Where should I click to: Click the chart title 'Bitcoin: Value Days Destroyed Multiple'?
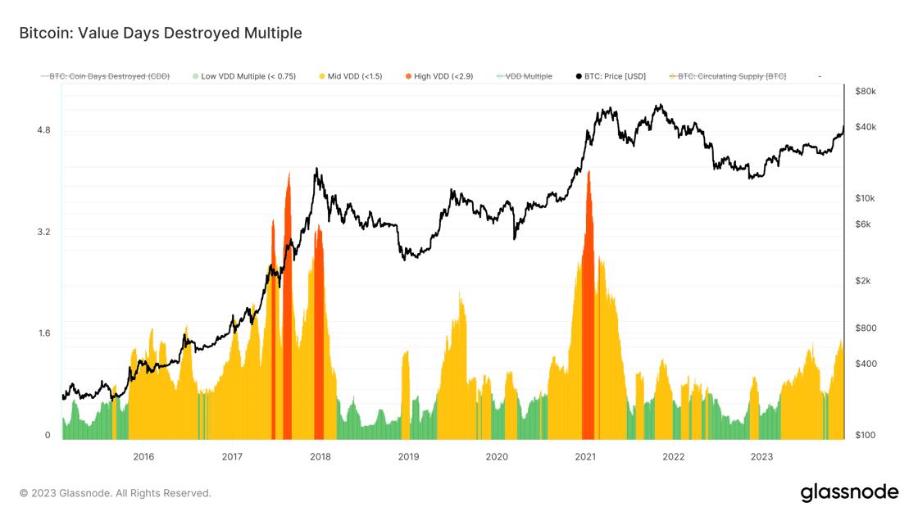tap(161, 34)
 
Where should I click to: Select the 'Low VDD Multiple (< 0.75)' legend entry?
tap(248, 76)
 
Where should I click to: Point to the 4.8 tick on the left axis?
tap(43, 130)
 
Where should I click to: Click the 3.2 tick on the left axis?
tap(43, 232)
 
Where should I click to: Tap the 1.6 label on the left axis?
tap(43, 333)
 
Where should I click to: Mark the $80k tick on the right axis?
tap(866, 91)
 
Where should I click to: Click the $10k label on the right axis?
tap(866, 198)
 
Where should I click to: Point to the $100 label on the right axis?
tap(866, 435)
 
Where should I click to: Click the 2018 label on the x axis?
tap(320, 456)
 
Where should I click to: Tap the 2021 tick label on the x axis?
tap(585, 456)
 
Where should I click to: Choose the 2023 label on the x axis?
tap(761, 456)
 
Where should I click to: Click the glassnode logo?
tap(849, 492)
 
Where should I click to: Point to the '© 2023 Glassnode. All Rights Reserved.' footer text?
tap(116, 493)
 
